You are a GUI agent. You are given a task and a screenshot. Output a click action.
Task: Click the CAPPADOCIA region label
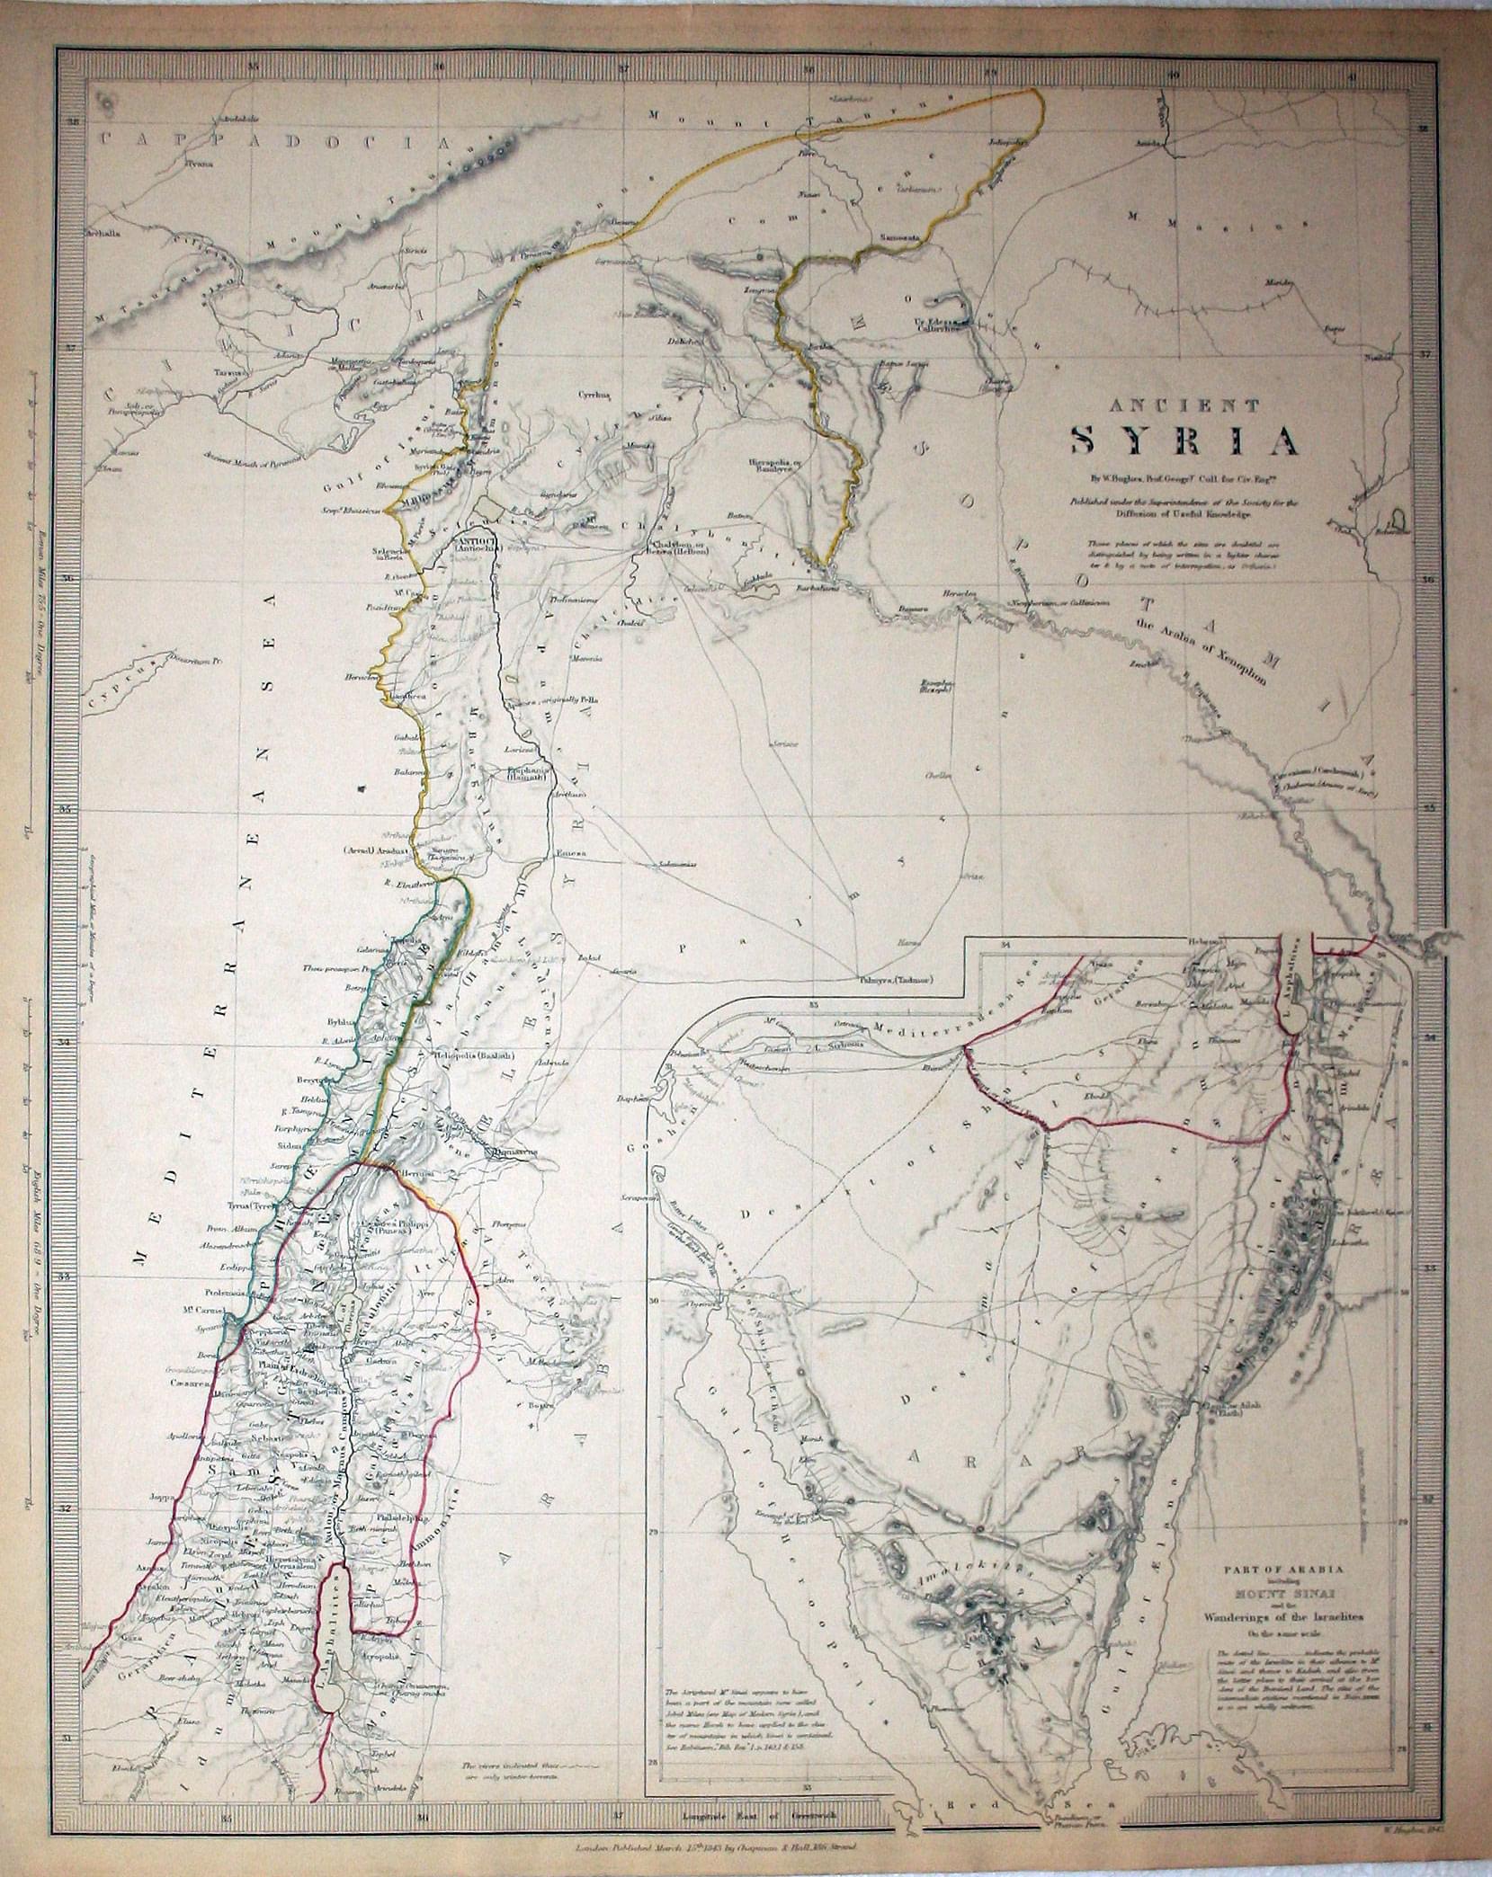(x=270, y=140)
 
